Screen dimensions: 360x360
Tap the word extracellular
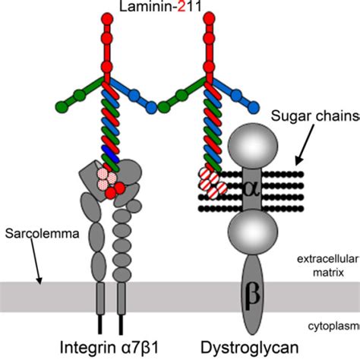(x=327, y=258)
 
